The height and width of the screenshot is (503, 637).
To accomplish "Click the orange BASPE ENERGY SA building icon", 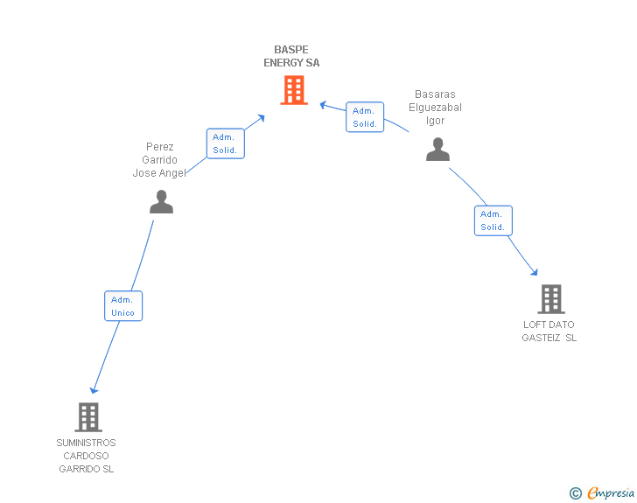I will pos(294,89).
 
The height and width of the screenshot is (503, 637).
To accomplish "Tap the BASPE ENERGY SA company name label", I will pos(291,56).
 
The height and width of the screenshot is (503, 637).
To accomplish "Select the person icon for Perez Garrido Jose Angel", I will pos(161,202).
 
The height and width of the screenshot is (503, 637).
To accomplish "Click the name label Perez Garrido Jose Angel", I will pos(160,160).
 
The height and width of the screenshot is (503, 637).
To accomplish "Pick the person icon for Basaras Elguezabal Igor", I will pos(437,150).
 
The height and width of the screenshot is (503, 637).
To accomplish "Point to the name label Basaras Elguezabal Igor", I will pos(435,108).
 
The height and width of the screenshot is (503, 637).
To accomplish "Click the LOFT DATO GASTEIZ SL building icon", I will pos(550,299).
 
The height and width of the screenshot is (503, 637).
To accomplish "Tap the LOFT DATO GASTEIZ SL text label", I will pos(549,332).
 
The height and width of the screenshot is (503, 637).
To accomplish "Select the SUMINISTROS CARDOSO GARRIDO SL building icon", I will pos(88,417).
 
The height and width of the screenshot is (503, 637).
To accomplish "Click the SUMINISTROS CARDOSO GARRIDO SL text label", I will pos(86,456).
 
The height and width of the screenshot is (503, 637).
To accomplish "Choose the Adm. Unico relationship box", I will pos(122,306).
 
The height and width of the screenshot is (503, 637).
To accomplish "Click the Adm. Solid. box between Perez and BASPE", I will pos(225,143).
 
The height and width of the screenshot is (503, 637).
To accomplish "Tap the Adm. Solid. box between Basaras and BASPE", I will pos(365,117).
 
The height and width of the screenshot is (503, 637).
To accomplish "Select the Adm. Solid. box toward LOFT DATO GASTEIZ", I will pos(493,220).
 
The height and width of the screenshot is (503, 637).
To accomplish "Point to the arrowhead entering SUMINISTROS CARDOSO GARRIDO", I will pos(94,389).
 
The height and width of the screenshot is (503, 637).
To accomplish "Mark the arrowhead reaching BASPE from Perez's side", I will pos(261,117).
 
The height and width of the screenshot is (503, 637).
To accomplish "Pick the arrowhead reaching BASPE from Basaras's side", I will pos(323,105).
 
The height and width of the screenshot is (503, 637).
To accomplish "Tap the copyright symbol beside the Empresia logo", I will pos(575,494).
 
